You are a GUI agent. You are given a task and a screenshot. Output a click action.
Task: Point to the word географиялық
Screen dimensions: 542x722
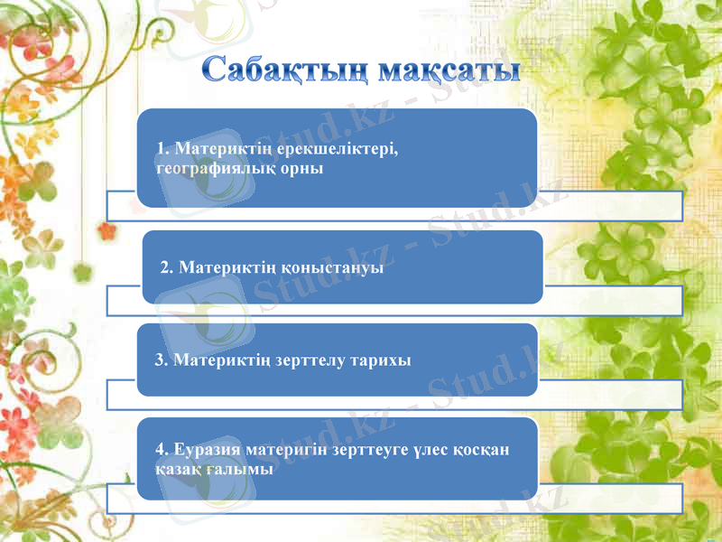[x=208, y=167]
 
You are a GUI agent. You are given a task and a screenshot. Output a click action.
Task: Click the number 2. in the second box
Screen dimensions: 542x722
[x=167, y=267]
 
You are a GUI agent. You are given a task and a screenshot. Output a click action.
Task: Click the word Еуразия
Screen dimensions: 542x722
[x=205, y=449]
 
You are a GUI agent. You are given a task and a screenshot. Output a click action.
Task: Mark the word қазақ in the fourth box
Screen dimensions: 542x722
[x=179, y=468]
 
